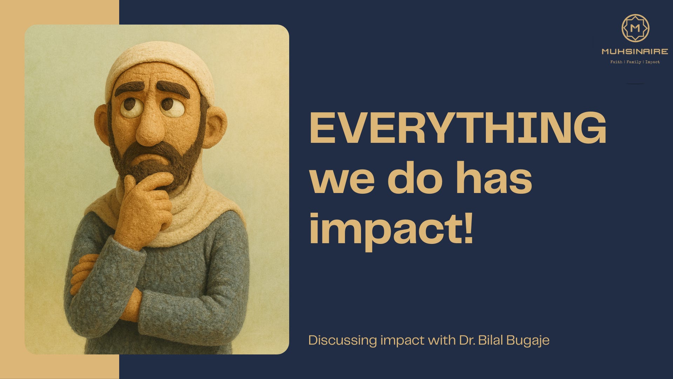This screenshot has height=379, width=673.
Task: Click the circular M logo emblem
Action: click(635, 28)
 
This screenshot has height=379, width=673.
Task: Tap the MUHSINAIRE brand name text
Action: click(635, 52)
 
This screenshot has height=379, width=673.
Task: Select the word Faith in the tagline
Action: click(616, 62)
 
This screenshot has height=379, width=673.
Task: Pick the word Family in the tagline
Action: click(634, 62)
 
